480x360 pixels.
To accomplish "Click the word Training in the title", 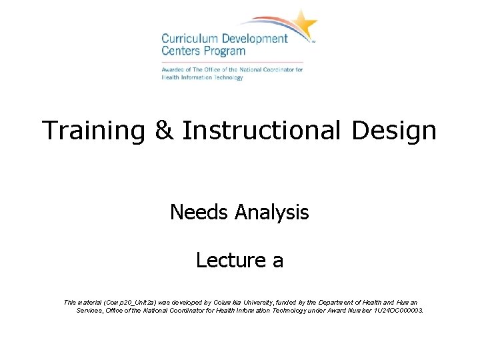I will (x=92, y=130).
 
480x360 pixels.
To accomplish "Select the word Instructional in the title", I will (x=260, y=130).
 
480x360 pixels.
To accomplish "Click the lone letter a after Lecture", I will (x=277, y=261).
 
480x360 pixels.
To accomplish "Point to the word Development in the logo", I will (x=253, y=39).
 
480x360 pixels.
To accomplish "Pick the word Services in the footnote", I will (x=91, y=311).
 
